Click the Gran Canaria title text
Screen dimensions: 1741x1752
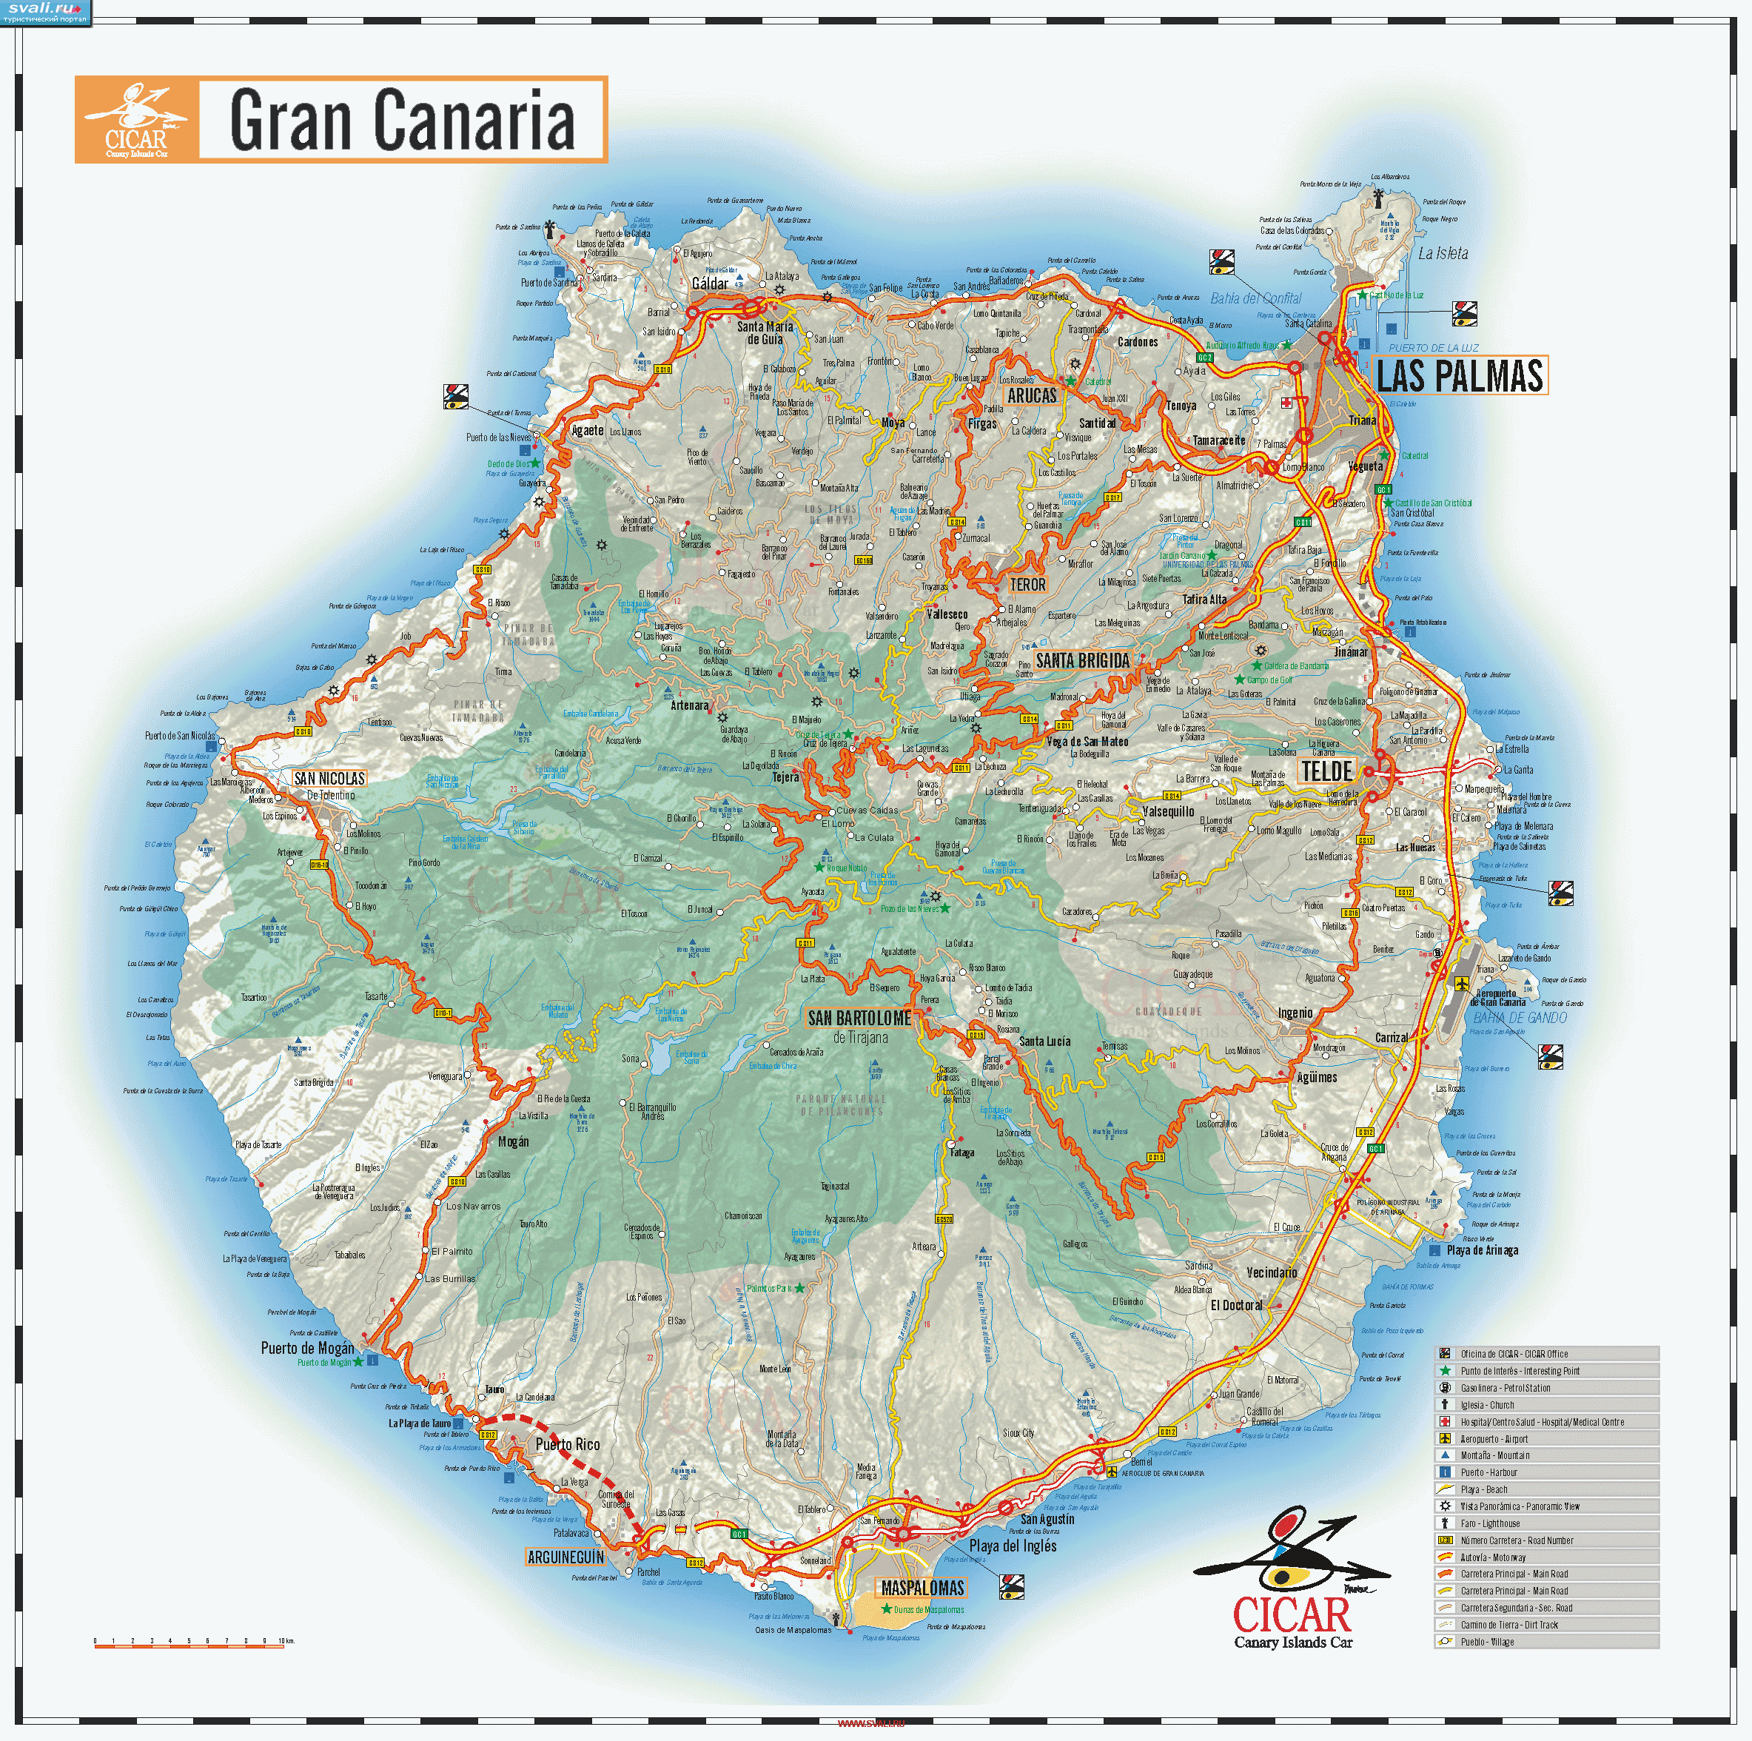click(402, 120)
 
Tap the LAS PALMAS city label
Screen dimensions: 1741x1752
click(1459, 375)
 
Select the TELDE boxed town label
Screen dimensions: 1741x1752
click(1326, 771)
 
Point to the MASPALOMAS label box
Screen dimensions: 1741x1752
click(922, 1588)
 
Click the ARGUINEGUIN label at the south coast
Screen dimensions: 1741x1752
click(565, 1557)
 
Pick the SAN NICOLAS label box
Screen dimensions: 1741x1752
click(329, 778)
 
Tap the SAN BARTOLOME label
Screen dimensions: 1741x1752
click(859, 1019)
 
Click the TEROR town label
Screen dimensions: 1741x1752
click(1027, 585)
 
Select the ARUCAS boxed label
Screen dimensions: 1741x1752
click(1032, 395)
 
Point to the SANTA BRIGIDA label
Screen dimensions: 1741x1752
click(1083, 661)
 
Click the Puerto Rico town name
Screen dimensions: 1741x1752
click(568, 1443)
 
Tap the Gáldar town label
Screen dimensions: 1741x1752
click(709, 284)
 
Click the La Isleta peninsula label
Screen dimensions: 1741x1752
click(1443, 253)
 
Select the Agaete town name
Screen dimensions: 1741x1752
click(587, 431)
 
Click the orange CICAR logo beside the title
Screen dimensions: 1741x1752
click(136, 120)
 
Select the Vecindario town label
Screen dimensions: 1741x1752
click(1272, 1273)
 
